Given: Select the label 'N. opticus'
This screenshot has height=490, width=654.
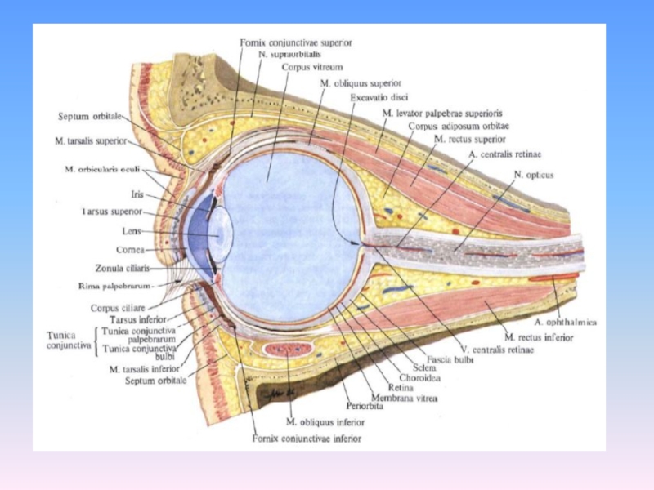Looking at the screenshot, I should [534, 174].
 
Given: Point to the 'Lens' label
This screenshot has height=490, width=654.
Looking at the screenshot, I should [130, 231].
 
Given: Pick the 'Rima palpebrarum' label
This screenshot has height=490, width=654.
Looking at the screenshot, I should [121, 285].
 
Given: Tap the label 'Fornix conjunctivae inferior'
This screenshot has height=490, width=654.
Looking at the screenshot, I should [307, 439].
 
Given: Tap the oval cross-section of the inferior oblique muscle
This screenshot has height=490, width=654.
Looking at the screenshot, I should [289, 350].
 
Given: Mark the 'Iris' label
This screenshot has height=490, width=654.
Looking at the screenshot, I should [137, 194].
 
